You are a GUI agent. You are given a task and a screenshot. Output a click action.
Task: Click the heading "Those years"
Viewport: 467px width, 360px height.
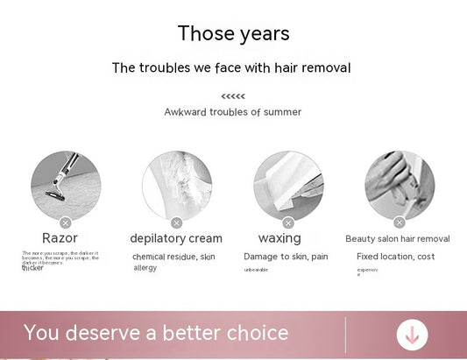233,34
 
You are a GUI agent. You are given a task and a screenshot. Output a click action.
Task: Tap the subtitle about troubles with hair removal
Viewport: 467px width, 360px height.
231,67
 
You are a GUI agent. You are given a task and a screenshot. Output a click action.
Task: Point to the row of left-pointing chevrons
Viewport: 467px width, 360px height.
233,95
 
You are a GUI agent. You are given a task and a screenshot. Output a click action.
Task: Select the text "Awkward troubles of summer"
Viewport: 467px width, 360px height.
232,112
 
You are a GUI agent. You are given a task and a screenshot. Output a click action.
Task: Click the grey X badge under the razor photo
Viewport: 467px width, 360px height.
65,222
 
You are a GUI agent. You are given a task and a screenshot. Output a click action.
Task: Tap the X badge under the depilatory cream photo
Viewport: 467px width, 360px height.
176,223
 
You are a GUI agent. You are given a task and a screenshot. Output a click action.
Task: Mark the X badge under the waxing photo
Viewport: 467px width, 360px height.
287,223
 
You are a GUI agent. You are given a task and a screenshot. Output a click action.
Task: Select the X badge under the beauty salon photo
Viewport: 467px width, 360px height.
400,222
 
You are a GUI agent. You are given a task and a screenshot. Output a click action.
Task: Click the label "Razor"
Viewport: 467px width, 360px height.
60,238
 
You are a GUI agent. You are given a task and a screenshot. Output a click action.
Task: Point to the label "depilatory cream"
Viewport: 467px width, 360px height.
176,238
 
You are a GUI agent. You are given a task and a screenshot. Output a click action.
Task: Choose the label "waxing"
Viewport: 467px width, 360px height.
279,238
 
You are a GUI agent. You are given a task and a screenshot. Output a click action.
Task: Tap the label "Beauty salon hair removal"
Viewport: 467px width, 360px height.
398,238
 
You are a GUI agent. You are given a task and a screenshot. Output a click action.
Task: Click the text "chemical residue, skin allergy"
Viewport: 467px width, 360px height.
173,262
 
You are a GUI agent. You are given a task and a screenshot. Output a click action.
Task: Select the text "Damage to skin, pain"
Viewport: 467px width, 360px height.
286,257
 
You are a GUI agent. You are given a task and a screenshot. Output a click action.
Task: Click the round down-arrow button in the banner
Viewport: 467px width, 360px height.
412,334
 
